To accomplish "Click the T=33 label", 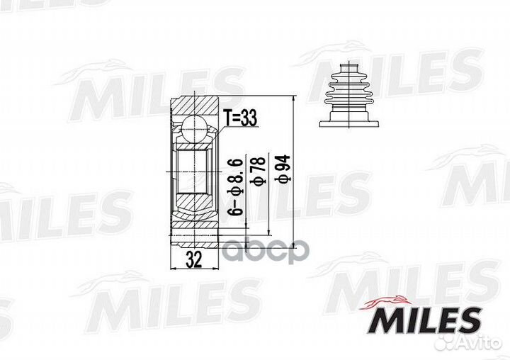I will click(x=239, y=118).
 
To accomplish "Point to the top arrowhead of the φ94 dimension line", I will click(x=291, y=97).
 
